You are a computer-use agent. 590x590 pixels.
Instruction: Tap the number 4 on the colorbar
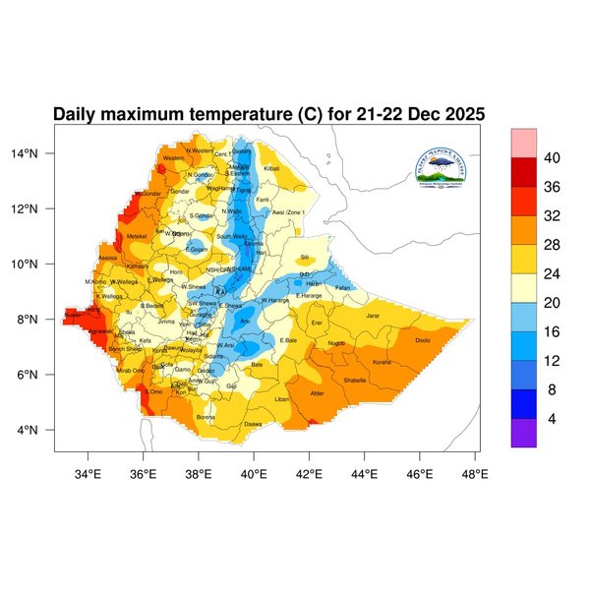[552, 419]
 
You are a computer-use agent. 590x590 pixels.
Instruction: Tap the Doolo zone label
[423, 340]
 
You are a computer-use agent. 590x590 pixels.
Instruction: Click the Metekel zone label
[137, 236]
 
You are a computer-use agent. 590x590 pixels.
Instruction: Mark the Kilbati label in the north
[272, 169]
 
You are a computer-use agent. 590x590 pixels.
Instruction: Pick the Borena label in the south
[206, 417]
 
